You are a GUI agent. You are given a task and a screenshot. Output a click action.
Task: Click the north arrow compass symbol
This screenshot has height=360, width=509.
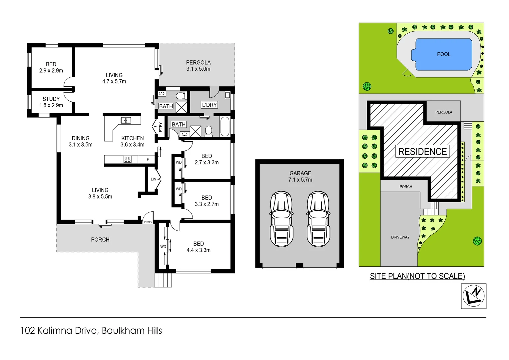pos(474,296)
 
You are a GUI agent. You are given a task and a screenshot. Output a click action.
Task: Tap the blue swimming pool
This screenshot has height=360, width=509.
pos(443,54)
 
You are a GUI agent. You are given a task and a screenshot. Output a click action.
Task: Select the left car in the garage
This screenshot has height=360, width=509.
pos(281,219)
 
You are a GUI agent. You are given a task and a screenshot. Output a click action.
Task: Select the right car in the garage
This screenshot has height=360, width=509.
pos(318,219)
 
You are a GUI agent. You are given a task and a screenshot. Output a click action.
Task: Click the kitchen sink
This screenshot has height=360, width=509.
pos(126,120)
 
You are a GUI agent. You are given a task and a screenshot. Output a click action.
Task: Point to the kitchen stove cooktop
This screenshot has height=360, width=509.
pos(127,159)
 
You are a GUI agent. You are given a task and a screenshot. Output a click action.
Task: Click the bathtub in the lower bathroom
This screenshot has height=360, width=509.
pos(225,126)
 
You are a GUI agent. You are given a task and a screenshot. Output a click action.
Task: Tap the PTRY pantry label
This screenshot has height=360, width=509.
pos(161,127)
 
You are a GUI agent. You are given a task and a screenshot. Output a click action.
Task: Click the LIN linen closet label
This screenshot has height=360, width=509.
pos(154,179)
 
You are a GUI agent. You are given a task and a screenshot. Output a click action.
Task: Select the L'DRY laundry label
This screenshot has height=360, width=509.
pos(209,105)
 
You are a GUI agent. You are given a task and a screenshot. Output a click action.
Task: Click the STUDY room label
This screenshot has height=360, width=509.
pos(51,99)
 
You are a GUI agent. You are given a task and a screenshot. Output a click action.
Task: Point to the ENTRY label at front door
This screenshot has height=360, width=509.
pos(148,222)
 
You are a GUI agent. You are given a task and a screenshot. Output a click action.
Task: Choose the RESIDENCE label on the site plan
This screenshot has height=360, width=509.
pos(422,152)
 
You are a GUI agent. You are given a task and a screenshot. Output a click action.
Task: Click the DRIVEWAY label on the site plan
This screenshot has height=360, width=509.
pos(400,237)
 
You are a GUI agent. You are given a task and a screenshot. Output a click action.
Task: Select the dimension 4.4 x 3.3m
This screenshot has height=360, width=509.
pos(199,250)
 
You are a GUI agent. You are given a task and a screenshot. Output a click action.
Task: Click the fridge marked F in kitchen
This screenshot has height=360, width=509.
pos(148,160)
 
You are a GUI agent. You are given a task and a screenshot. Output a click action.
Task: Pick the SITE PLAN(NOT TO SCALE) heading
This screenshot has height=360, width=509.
pos(417,276)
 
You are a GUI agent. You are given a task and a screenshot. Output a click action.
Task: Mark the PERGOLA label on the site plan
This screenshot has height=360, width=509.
pos(444,112)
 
